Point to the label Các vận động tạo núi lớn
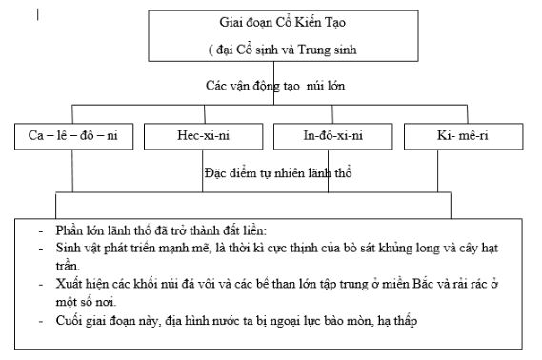[x=275, y=86]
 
